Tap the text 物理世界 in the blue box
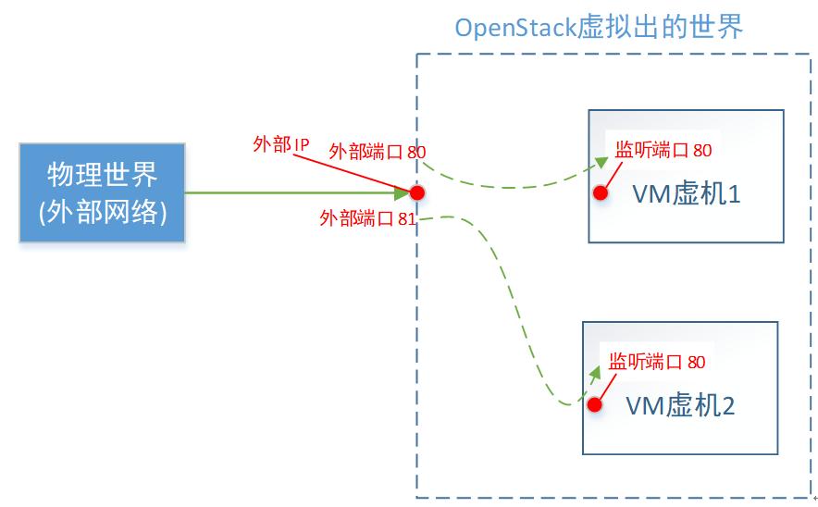point(103,175)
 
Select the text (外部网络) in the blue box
point(103,212)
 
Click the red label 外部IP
point(280,144)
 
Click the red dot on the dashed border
point(416,192)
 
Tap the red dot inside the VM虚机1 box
point(601,193)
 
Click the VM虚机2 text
point(680,405)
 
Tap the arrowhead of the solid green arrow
point(403,192)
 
